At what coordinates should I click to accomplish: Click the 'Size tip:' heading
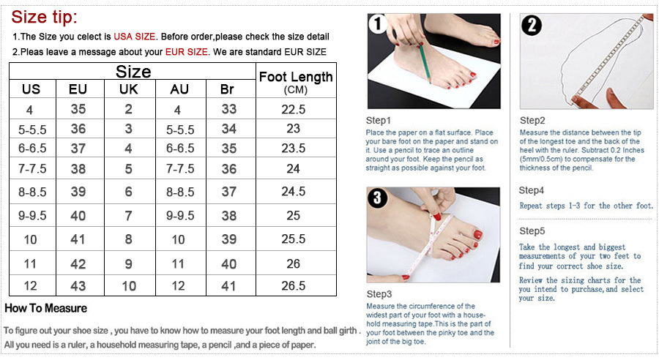point(44,18)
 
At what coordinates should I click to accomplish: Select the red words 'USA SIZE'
point(135,37)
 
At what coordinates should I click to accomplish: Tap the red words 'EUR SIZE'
point(186,52)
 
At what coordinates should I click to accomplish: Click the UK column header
point(129,89)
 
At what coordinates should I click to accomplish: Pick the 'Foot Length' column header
point(296,77)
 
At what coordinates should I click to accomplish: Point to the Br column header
point(227,89)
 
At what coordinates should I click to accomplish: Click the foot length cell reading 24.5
point(294,192)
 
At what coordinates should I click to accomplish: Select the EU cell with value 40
point(78,216)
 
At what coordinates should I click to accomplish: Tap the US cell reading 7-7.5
point(32,169)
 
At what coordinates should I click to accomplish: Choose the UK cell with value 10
point(129,286)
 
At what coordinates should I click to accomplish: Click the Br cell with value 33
point(229,109)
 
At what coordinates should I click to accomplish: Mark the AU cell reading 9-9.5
point(180,216)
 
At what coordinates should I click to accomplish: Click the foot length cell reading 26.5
point(294,285)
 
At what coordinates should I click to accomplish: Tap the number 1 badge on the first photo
point(377,23)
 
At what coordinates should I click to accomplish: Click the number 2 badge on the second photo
point(532,25)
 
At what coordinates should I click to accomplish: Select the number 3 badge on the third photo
point(377,198)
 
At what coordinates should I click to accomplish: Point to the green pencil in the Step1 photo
point(425,64)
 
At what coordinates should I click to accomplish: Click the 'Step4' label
point(532,190)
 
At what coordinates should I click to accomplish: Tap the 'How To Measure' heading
point(46,308)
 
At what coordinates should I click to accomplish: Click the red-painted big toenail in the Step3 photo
point(477,234)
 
